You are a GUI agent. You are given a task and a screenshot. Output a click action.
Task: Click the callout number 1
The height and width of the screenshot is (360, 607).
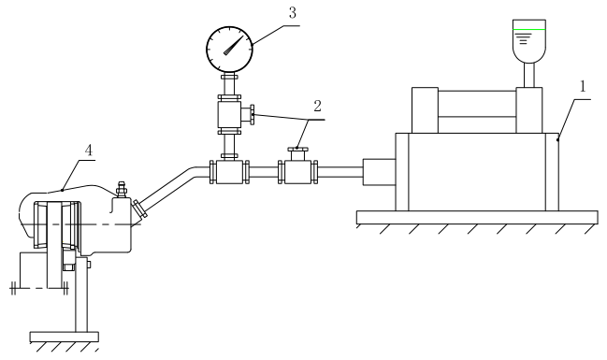pos(583,87)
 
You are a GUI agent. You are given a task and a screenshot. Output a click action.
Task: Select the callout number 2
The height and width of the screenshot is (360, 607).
pos(317,106)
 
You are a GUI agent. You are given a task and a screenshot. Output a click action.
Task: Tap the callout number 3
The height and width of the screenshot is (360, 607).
pos(292,13)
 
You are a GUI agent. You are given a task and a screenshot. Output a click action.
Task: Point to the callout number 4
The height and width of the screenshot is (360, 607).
pos(89,151)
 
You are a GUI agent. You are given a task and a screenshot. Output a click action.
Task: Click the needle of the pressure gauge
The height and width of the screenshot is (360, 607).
pos(234,45)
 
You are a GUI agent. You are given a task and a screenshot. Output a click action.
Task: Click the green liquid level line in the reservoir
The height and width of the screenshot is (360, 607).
pos(529,29)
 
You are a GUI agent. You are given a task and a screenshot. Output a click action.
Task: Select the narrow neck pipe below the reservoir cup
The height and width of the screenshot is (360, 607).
pos(529,75)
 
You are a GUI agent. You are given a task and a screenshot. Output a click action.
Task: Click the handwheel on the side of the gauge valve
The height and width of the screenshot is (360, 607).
pos(253,114)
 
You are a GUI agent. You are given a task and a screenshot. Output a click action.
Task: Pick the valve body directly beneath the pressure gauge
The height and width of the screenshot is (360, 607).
pos(229,115)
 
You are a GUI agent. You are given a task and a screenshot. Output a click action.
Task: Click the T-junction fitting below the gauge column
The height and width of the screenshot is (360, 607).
pos(229,172)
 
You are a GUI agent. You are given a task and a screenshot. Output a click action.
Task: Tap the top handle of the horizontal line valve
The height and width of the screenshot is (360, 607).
pos(297,149)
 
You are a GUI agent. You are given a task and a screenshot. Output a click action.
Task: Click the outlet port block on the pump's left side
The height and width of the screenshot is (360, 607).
pos(379,172)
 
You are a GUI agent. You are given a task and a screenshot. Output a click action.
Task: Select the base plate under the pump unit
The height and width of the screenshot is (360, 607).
pos(477,218)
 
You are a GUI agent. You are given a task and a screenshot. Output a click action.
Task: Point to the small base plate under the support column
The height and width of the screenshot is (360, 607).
pos(65,337)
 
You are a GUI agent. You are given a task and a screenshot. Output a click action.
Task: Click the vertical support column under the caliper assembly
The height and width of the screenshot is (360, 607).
pos(81,295)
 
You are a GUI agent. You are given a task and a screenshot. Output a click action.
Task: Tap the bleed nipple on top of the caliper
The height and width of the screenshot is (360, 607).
pos(122,189)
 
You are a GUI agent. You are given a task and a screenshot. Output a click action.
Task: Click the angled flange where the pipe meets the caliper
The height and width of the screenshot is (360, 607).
pos(139,209)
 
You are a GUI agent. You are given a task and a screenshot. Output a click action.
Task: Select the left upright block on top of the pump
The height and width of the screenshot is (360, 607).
pos(425,110)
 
